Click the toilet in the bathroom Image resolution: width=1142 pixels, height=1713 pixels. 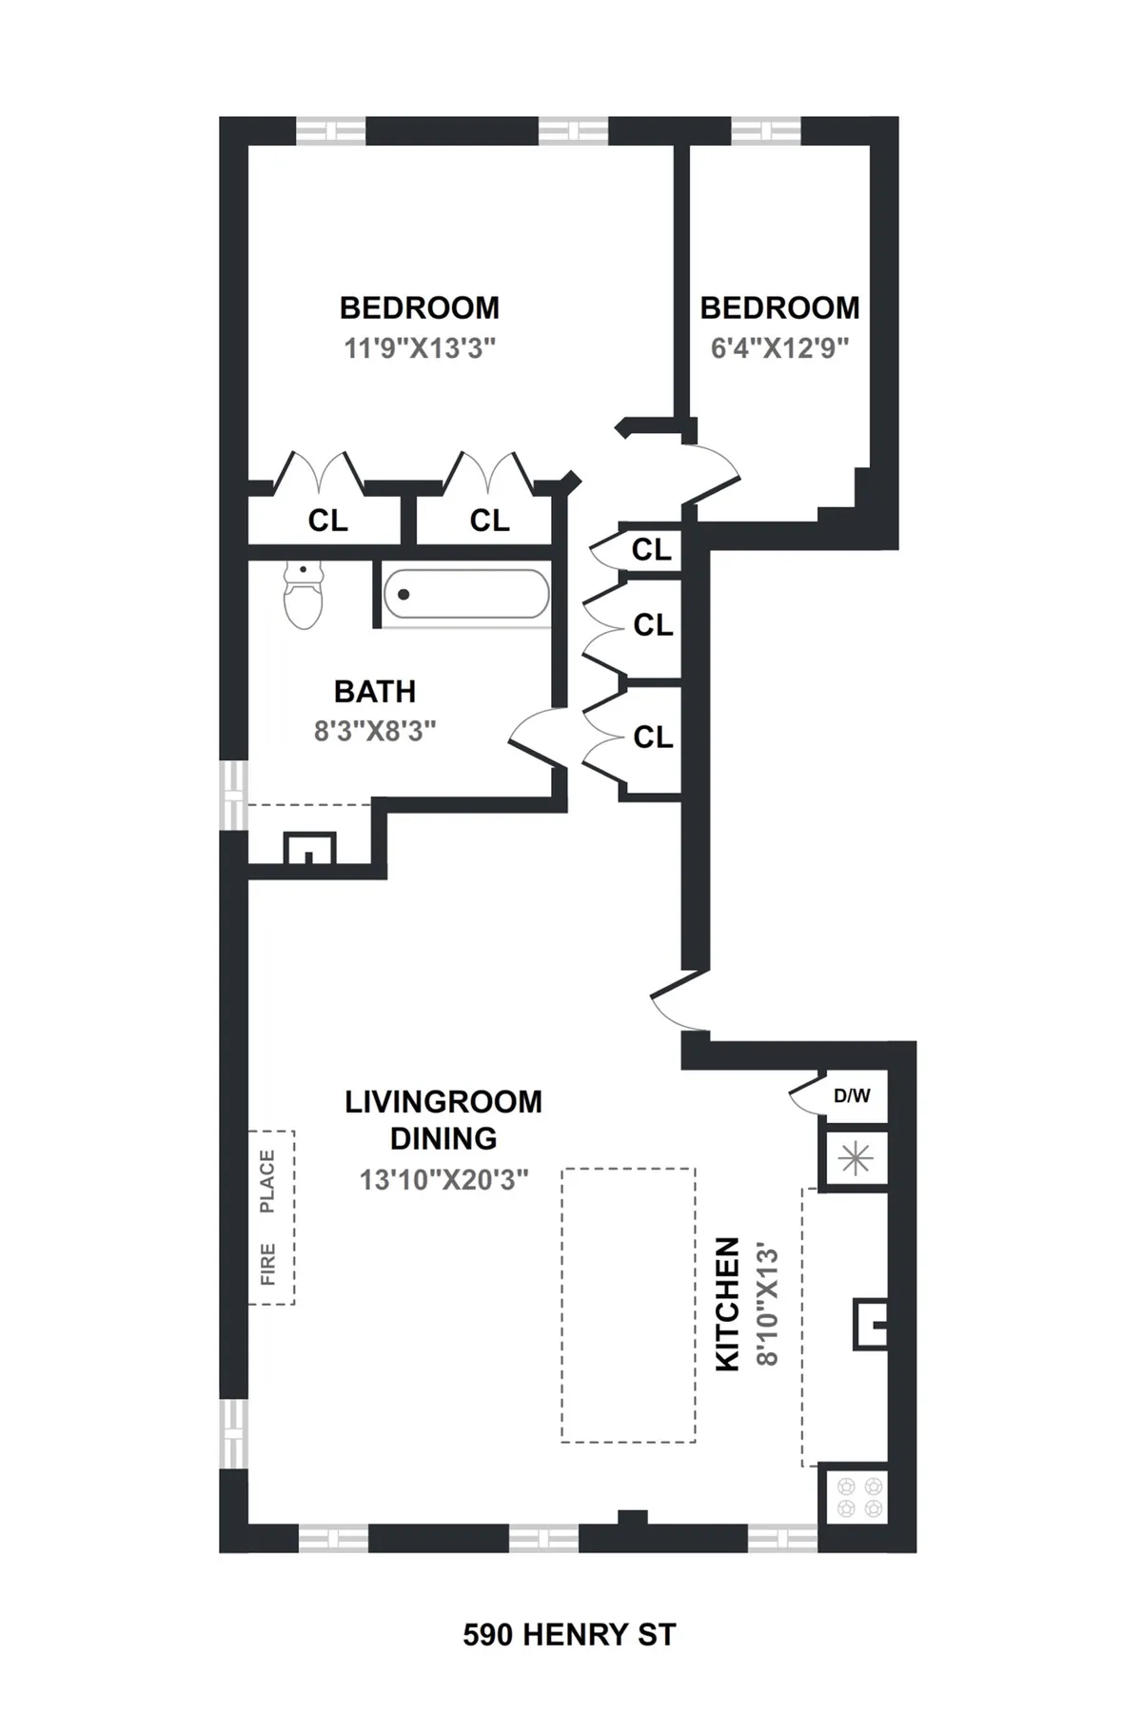pyautogui.click(x=304, y=596)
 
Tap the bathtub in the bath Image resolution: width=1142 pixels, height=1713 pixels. pyautogui.click(x=465, y=595)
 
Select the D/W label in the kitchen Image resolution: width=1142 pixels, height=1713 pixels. pyautogui.click(x=852, y=1095)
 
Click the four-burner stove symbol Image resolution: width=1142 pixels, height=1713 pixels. pyautogui.click(x=859, y=1496)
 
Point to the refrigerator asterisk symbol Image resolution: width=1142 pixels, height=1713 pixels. pyautogui.click(x=856, y=1158)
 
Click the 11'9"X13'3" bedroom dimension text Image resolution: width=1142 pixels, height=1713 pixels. pyautogui.click(x=420, y=348)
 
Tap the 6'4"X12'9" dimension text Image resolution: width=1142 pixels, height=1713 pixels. pyautogui.click(x=779, y=348)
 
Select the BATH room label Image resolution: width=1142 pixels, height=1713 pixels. pyautogui.click(x=375, y=691)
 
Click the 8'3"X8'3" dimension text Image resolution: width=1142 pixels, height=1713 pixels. pyautogui.click(x=375, y=731)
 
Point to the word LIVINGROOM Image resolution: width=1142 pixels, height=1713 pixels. pyautogui.click(x=443, y=1102)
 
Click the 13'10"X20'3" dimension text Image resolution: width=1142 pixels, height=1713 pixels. pyautogui.click(x=443, y=1180)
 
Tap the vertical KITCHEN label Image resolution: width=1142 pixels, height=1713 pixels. pyautogui.click(x=727, y=1304)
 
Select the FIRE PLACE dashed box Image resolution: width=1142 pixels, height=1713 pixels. pyautogui.click(x=271, y=1217)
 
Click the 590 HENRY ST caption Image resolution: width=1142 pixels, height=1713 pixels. pyautogui.click(x=569, y=1635)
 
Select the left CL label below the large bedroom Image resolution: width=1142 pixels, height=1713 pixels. pyautogui.click(x=327, y=521)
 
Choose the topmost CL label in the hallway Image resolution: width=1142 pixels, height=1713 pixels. pyautogui.click(x=652, y=550)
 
